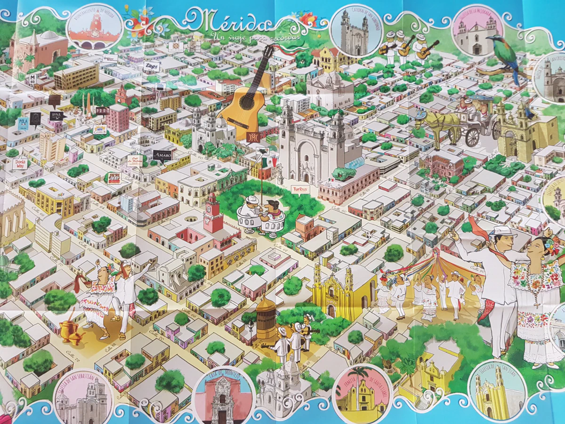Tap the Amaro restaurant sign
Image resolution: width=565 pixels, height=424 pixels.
(162, 155)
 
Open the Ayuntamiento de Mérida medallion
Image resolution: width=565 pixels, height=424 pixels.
(93, 29)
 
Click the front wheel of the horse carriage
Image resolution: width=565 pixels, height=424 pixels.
(472, 137)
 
